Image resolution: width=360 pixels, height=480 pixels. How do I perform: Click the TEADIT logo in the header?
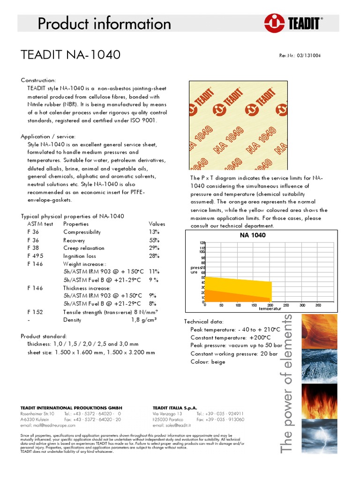(293, 23)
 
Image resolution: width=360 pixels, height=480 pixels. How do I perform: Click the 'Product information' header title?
(105, 23)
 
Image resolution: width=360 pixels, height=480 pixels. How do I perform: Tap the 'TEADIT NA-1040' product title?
(71, 55)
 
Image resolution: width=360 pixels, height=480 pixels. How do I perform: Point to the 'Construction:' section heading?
(38, 81)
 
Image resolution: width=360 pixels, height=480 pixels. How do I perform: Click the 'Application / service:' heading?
(49, 136)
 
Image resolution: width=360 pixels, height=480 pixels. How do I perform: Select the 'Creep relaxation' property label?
(84, 248)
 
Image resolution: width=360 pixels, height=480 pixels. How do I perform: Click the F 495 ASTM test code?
(35, 256)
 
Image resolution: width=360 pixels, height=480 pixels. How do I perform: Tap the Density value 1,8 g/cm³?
(143, 320)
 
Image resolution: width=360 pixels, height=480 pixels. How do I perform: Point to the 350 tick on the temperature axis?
(318, 305)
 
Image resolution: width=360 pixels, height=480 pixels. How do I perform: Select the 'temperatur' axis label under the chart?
(257, 309)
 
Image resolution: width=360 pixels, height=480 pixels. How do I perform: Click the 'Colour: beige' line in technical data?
(208, 362)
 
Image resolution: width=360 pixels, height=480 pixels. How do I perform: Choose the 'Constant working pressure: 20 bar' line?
(234, 354)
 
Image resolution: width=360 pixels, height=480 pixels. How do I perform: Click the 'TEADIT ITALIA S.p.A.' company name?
(175, 408)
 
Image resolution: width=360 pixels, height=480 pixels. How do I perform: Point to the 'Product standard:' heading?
(44, 337)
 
